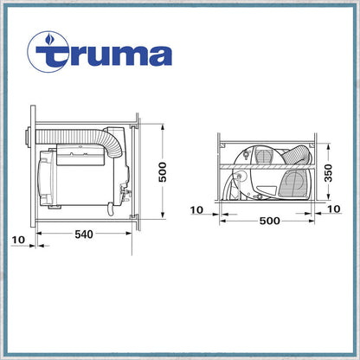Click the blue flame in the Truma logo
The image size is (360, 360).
[48, 39]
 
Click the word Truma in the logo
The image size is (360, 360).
[104, 55]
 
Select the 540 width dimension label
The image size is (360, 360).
[84, 235]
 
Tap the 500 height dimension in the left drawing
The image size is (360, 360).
[163, 172]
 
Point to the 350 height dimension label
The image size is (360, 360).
[328, 173]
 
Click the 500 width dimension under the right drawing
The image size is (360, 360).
[269, 221]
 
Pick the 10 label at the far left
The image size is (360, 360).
[19, 240]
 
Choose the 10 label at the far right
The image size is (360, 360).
[334, 209]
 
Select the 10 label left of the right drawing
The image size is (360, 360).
[196, 210]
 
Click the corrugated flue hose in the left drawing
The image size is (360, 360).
[78, 138]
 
